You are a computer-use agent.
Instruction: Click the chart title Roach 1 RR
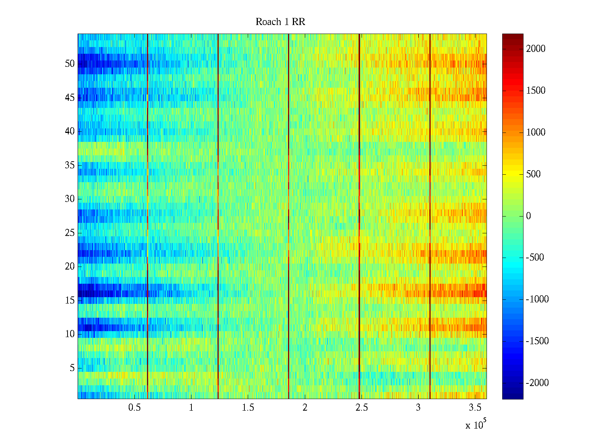tap(280, 22)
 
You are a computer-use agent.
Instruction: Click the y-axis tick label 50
tap(70, 64)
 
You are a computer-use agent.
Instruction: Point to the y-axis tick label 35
tap(70, 165)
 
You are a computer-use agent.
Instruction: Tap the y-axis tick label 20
tap(70, 267)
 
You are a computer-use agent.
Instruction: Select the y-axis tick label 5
tap(72, 368)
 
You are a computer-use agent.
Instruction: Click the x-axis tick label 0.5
tap(134, 408)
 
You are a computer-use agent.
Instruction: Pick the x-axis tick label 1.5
tap(248, 408)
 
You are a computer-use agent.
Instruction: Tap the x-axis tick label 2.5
tap(362, 408)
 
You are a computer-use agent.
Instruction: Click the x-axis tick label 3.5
tap(475, 408)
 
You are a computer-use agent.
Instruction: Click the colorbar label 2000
tap(536, 49)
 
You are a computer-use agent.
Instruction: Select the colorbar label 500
tap(534, 174)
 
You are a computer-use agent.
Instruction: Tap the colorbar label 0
tap(528, 216)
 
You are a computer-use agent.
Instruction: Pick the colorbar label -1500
tap(537, 341)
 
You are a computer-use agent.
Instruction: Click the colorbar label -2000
tap(537, 383)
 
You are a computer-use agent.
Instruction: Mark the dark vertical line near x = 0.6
tap(148, 217)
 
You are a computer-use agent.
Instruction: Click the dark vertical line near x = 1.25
tap(218, 217)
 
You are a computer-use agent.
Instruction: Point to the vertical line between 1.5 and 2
tap(289, 217)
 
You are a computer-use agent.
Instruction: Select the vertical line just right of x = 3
tap(430, 217)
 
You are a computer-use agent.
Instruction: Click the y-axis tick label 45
tap(70, 98)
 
